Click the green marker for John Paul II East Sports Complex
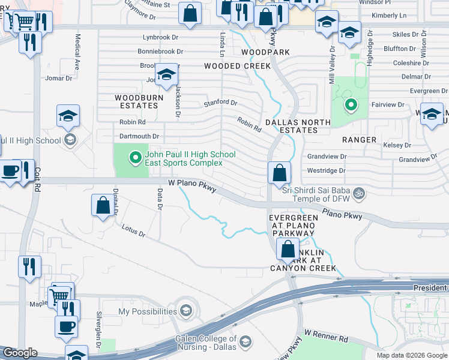(136, 158)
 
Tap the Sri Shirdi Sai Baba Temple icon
(359, 193)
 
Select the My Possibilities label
(147, 311)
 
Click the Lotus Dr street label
(133, 231)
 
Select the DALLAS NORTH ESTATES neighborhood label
(298, 126)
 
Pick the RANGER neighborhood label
(359, 140)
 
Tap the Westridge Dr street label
(327, 170)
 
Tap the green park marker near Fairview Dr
(350, 106)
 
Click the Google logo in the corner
(20, 353)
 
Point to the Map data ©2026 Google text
(411, 355)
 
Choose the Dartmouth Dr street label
(139, 136)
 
